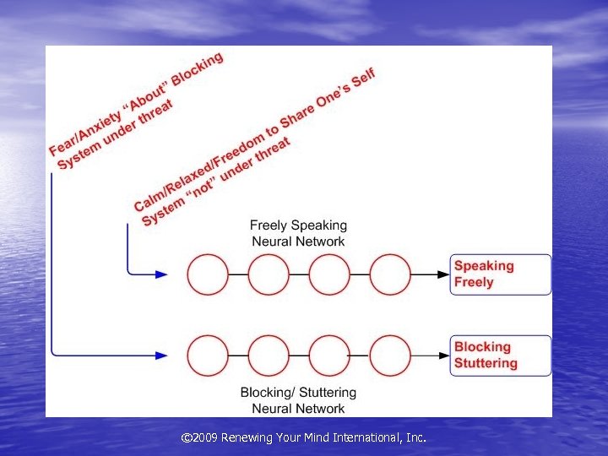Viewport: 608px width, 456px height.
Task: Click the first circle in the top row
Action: click(208, 274)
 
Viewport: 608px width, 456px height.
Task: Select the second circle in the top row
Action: click(269, 274)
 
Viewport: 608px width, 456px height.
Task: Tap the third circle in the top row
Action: click(329, 274)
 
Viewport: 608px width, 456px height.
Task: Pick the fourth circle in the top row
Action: click(390, 274)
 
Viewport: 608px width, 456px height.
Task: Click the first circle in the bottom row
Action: click(208, 356)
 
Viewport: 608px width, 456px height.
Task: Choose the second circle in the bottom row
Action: click(269, 356)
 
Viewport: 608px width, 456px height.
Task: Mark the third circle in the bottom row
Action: click(329, 356)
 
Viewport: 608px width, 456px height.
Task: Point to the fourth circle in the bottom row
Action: click(390, 356)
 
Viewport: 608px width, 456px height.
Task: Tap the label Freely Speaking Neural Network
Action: click(298, 233)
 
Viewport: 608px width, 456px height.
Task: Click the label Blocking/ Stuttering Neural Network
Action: click(298, 400)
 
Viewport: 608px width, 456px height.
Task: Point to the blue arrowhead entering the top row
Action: click(161, 274)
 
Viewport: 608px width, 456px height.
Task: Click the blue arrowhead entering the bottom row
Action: click(161, 356)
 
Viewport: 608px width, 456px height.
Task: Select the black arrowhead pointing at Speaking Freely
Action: click(444, 274)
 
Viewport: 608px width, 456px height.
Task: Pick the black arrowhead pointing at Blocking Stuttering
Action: click(444, 356)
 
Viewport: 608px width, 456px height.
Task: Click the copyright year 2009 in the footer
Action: click(206, 437)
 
